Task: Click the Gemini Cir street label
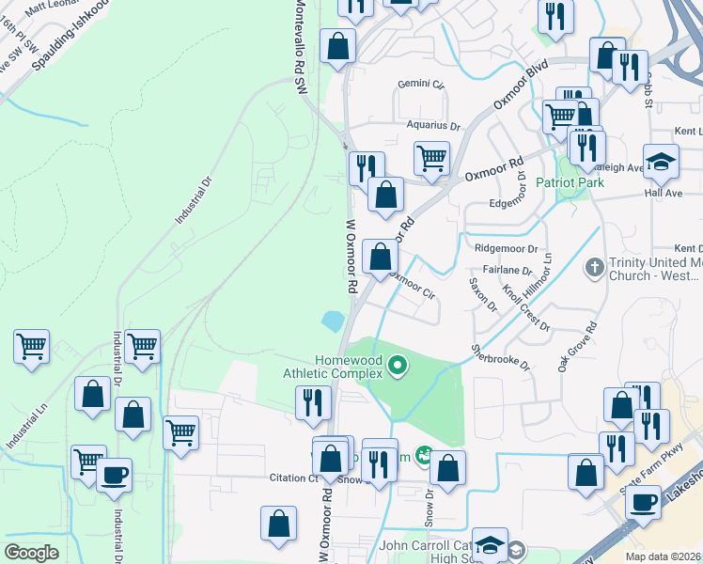420,84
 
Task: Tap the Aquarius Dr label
434,125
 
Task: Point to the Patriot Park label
570,182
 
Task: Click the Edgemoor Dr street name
517,203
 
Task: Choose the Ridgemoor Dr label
506,250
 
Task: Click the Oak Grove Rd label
576,348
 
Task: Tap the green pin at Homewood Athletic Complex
398,364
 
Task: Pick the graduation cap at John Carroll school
489,546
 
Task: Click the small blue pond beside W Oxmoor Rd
333,321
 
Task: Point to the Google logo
31,552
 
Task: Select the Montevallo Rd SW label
300,46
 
